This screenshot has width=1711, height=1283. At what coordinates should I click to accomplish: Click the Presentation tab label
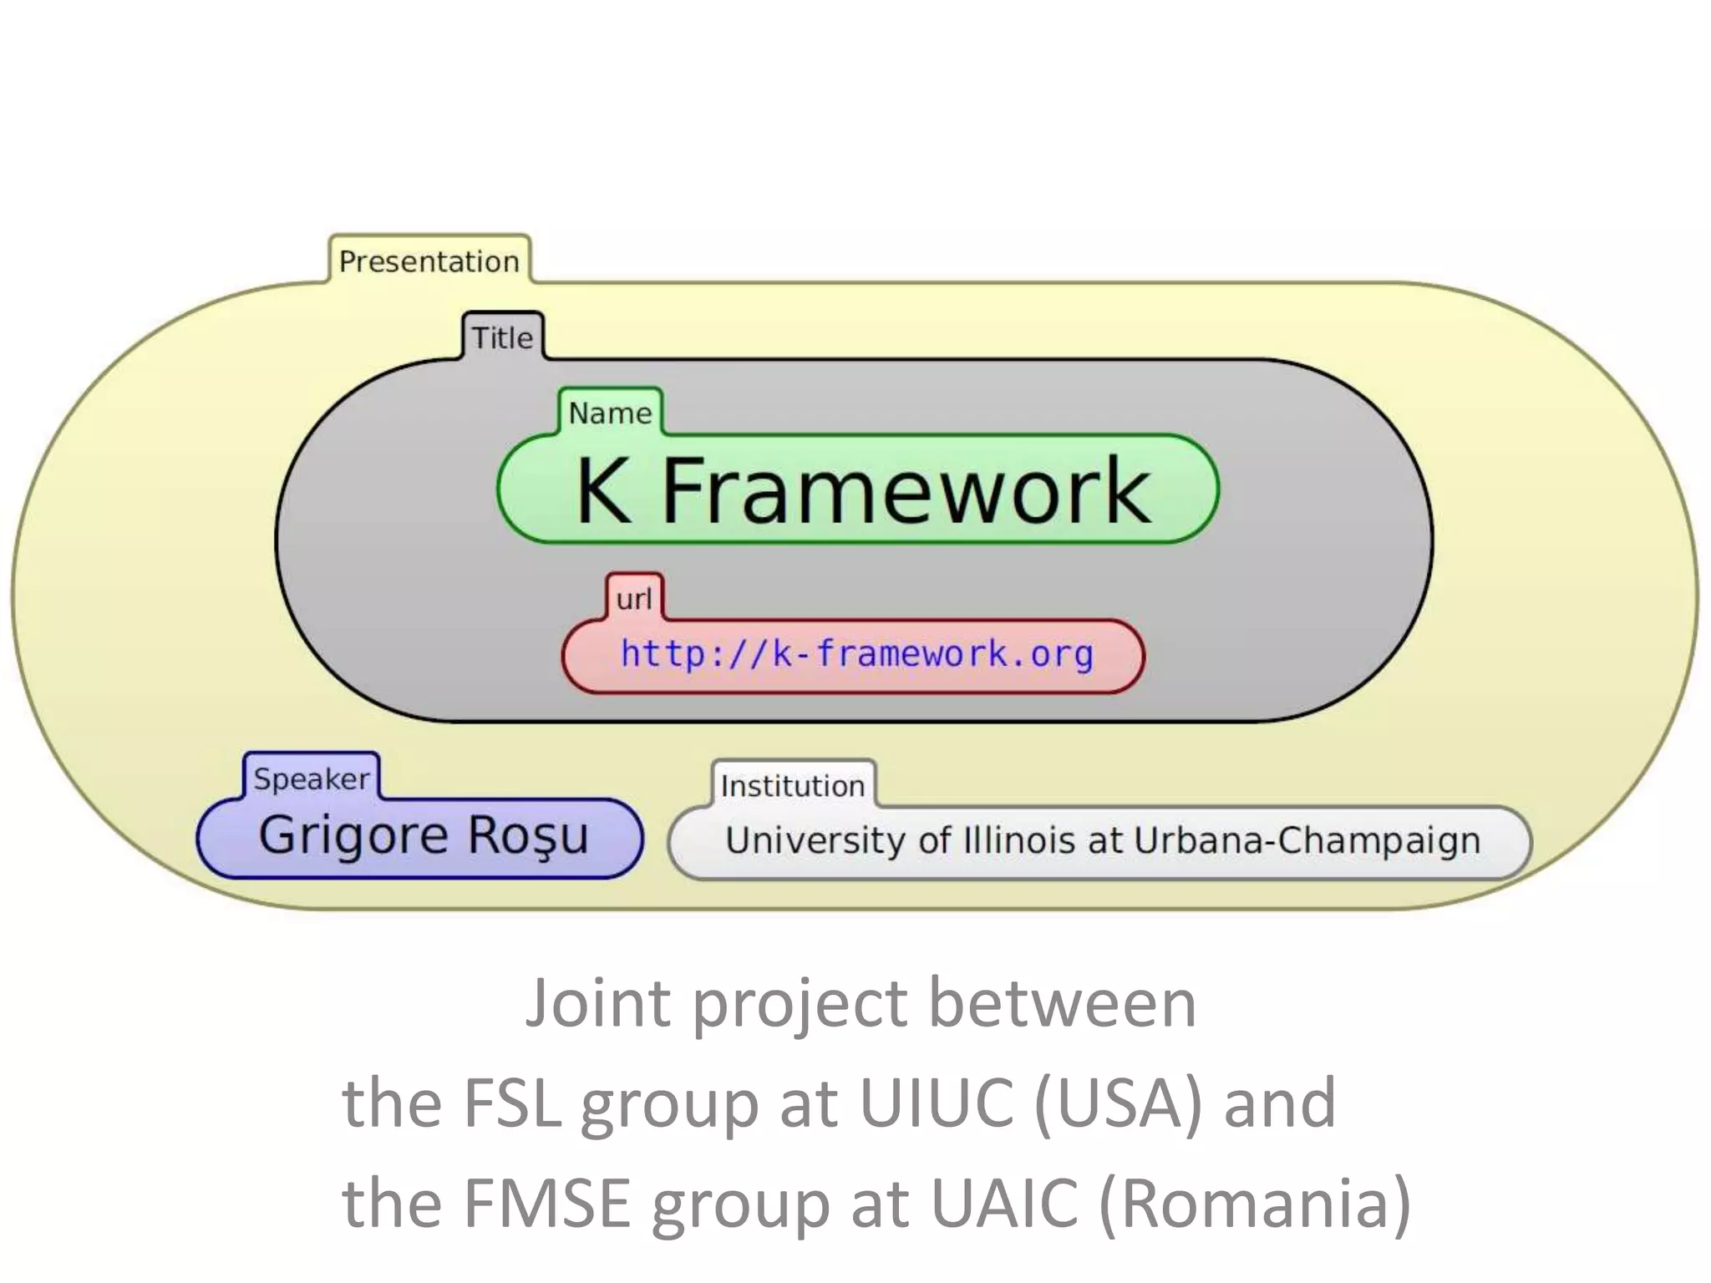pyautogui.click(x=429, y=261)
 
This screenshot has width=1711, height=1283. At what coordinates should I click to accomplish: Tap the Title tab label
pyautogui.click(x=502, y=337)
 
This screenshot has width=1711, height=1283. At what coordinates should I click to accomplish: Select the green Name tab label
pyautogui.click(x=610, y=413)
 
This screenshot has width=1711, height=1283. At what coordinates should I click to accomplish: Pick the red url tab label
pyautogui.click(x=634, y=599)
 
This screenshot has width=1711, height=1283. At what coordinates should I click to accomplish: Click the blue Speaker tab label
pyautogui.click(x=312, y=778)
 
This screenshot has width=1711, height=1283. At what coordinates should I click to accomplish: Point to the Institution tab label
pyautogui.click(x=792, y=786)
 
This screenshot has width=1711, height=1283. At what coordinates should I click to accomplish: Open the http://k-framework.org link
pyautogui.click(x=856, y=653)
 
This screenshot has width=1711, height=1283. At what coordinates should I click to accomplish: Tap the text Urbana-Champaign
pyautogui.click(x=1307, y=840)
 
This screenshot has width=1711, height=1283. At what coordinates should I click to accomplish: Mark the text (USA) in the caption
pyautogui.click(x=1119, y=1103)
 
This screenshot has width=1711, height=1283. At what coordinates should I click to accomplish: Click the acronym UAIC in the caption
pyautogui.click(x=1003, y=1203)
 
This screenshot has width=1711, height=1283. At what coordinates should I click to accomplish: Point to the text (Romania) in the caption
pyautogui.click(x=1254, y=1203)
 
